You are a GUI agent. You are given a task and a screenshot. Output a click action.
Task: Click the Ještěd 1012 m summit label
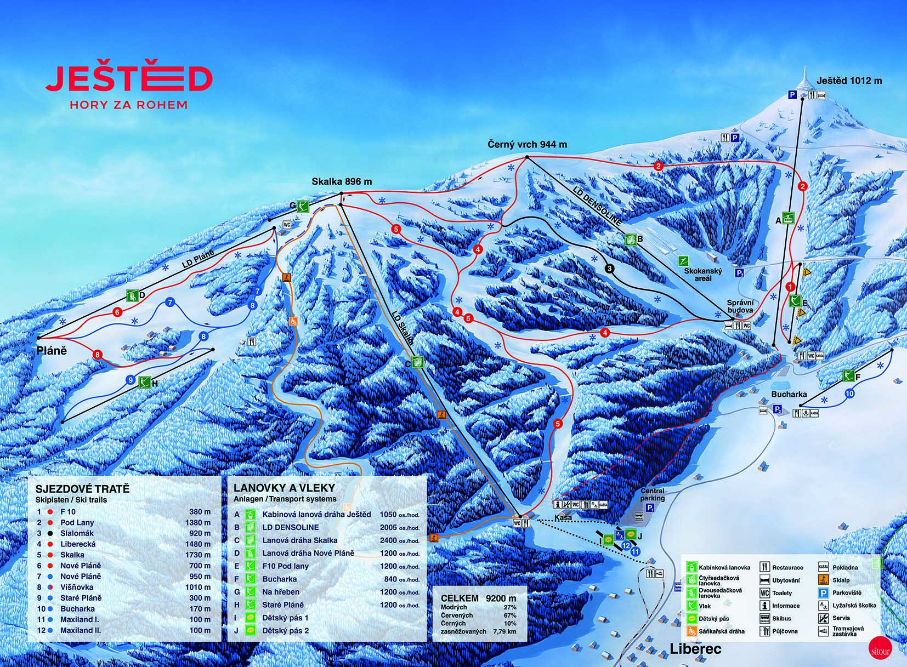(849, 81)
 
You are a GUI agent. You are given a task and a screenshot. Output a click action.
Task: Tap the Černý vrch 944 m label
(527, 145)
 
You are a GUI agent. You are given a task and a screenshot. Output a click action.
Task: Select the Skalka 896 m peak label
(341, 181)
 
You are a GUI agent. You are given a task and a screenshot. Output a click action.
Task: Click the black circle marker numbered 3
(609, 269)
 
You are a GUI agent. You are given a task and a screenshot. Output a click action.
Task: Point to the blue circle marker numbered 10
(849, 394)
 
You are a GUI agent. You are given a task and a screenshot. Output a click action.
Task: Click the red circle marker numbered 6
(117, 312)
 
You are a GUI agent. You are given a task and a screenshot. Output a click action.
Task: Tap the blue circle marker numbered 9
(130, 379)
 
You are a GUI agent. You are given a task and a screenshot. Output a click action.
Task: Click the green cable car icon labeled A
(789, 218)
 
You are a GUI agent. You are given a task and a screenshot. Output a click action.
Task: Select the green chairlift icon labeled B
(630, 239)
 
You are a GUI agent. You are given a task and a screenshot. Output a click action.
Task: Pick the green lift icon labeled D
(132, 296)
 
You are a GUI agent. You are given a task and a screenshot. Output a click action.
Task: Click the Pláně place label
(52, 350)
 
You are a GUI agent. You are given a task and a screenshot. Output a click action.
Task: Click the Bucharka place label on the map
(789, 394)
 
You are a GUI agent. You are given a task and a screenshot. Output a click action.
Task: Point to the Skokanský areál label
(703, 275)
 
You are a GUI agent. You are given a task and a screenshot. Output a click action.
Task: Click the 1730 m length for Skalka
(200, 555)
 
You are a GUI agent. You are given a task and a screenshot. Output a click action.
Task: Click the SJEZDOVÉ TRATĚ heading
(82, 489)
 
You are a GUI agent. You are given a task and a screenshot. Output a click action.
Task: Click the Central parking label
(652, 494)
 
